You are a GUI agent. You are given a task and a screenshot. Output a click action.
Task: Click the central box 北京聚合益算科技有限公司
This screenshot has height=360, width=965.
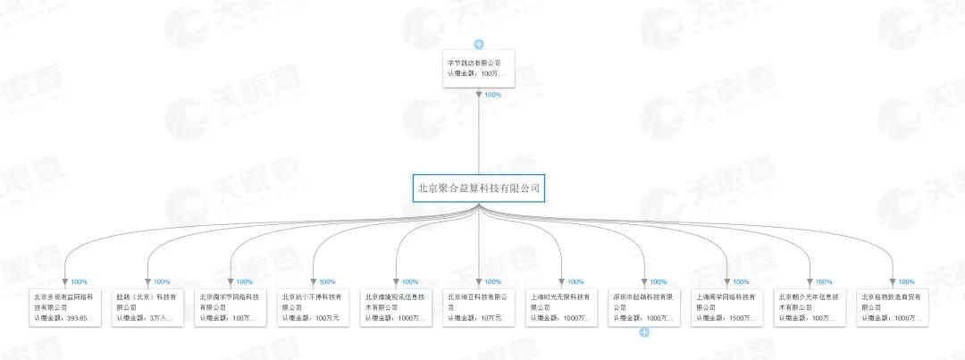click(479, 188)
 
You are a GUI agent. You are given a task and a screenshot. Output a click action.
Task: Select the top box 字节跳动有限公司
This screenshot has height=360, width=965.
click(479, 68)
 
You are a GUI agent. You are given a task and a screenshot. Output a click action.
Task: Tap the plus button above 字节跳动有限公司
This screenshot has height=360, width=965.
click(479, 44)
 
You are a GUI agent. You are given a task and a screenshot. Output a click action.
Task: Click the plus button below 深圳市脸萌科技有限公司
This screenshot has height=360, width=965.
click(643, 332)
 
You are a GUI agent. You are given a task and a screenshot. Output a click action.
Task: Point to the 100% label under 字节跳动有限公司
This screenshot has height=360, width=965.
click(492, 95)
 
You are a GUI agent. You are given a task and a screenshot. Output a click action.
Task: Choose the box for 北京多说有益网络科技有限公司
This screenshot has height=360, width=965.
click(65, 306)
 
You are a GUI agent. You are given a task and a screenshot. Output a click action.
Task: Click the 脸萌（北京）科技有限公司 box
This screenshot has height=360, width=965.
click(147, 306)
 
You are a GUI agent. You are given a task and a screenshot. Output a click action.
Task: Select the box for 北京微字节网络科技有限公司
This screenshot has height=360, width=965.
click(231, 306)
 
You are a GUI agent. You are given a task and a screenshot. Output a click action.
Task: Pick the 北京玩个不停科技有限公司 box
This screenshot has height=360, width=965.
click(314, 306)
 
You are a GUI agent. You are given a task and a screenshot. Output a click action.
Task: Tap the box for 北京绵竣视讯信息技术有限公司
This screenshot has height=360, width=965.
click(396, 306)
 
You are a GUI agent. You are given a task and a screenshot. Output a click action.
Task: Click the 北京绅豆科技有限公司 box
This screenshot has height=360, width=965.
click(479, 306)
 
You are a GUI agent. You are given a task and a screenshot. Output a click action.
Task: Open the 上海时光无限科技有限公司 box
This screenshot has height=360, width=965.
click(561, 306)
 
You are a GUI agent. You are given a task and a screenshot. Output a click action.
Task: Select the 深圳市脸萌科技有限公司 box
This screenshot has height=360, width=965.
click(644, 306)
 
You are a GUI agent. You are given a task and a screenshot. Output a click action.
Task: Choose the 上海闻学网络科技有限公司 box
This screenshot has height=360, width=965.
click(726, 306)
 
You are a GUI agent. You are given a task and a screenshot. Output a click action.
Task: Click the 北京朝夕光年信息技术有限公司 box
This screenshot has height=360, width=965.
click(810, 306)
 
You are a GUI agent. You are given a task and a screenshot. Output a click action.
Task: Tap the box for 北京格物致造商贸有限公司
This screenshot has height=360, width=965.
click(892, 306)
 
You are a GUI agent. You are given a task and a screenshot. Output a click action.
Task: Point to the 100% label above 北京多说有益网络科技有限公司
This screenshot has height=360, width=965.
click(79, 281)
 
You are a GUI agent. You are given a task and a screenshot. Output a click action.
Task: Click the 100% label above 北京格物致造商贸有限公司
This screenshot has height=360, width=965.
click(905, 281)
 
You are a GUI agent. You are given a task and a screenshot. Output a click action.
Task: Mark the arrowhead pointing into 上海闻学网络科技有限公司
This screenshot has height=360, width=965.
click(726, 280)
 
